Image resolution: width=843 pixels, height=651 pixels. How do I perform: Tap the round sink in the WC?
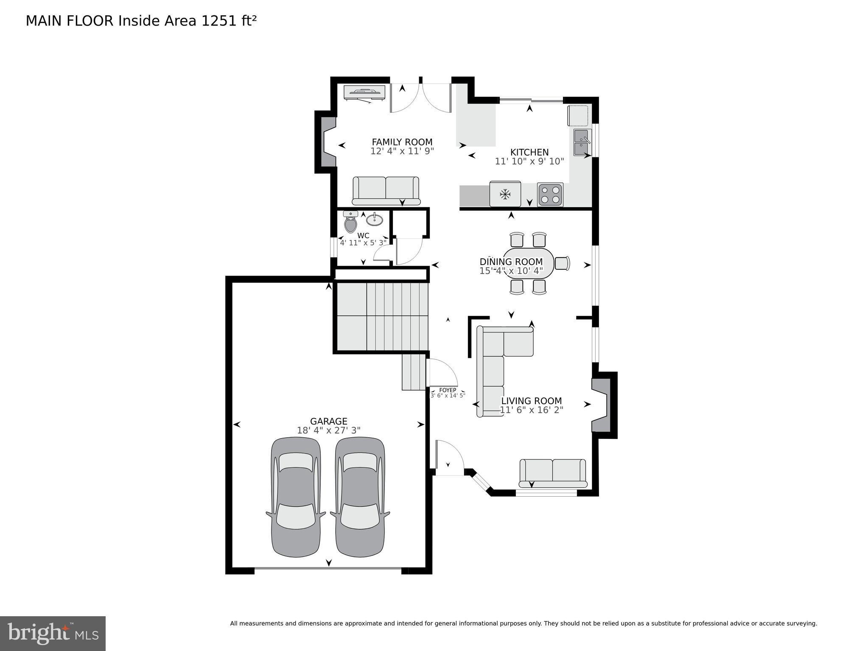pos(375,220)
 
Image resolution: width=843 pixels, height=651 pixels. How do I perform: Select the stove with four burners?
pos(550,195)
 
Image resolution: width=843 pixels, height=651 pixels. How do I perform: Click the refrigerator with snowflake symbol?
pos(505,194)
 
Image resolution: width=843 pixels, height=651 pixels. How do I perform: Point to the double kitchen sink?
pos(581,142)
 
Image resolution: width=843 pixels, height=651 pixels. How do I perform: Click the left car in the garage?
pos(296,497)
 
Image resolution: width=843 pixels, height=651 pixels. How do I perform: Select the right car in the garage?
pos(360,497)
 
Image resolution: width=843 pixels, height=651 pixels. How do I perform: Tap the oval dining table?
pos(528,263)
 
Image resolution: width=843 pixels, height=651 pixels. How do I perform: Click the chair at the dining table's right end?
pos(562,263)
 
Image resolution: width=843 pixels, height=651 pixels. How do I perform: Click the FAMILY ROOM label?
pos(402,142)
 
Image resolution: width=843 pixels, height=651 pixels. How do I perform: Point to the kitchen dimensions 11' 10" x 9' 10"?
pos(529,162)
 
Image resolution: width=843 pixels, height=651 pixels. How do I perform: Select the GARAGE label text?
pos(328,421)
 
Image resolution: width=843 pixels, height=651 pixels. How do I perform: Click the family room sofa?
pos(386,190)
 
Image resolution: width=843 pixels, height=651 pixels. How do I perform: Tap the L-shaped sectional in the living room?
pos(494,365)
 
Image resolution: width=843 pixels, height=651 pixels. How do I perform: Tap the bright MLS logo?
pos(53,634)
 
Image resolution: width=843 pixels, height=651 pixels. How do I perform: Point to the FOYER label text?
pos(448,390)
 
